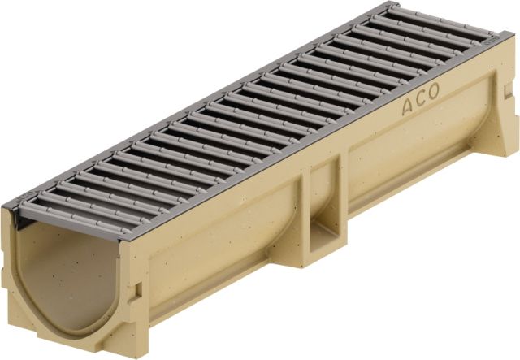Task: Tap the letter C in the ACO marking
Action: [x=420, y=98]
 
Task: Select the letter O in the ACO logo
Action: [x=433, y=90]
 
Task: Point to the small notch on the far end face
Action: [x=506, y=92]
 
